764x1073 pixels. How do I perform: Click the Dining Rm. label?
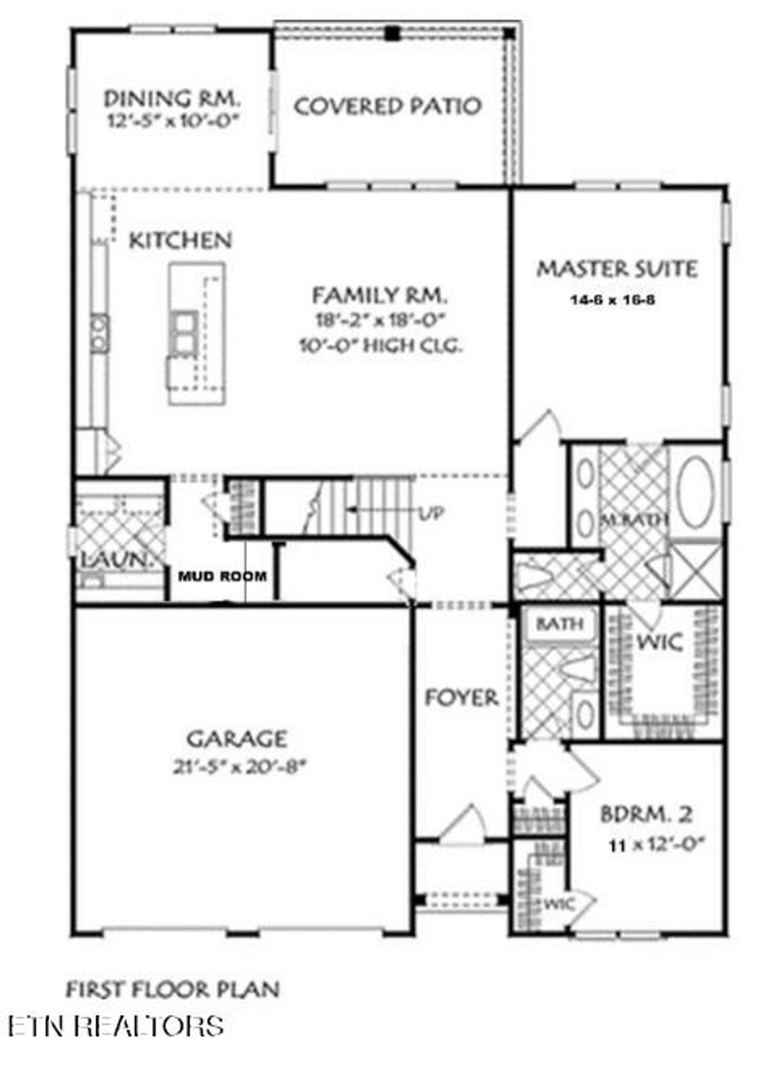(172, 98)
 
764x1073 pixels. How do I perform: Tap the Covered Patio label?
(387, 106)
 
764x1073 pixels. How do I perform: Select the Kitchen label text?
(181, 240)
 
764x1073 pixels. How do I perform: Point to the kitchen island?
(196, 334)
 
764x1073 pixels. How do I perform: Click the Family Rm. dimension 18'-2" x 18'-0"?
(380, 321)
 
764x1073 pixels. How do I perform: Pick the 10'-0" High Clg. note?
(381, 346)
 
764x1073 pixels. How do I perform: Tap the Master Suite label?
(617, 269)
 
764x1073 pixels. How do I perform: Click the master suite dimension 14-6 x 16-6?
(613, 301)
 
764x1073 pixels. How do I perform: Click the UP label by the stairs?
(430, 513)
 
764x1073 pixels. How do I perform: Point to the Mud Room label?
(222, 576)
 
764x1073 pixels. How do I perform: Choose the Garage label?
(236, 739)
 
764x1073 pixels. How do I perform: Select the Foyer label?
(461, 698)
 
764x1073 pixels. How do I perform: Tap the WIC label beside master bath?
(659, 642)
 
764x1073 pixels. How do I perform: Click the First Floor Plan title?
(173, 990)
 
